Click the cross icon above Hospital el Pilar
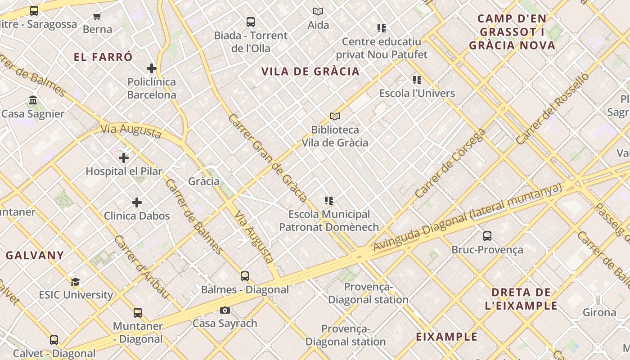[124, 158]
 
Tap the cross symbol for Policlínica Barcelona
[152, 68]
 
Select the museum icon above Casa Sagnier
[33, 100]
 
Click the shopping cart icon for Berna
[97, 17]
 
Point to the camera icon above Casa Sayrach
[225, 310]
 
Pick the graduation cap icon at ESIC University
[75, 282]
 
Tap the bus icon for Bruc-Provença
[487, 236]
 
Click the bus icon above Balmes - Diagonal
[244, 276]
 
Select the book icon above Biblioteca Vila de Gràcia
[334, 116]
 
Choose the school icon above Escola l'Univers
[417, 80]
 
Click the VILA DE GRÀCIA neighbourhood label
[310, 71]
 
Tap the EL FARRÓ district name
[103, 57]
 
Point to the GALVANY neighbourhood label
[35, 255]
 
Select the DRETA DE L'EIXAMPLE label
[521, 299]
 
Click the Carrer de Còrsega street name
[450, 163]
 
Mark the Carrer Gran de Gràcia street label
[268, 158]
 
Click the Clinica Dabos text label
[137, 216]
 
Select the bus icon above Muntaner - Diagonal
[137, 312]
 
